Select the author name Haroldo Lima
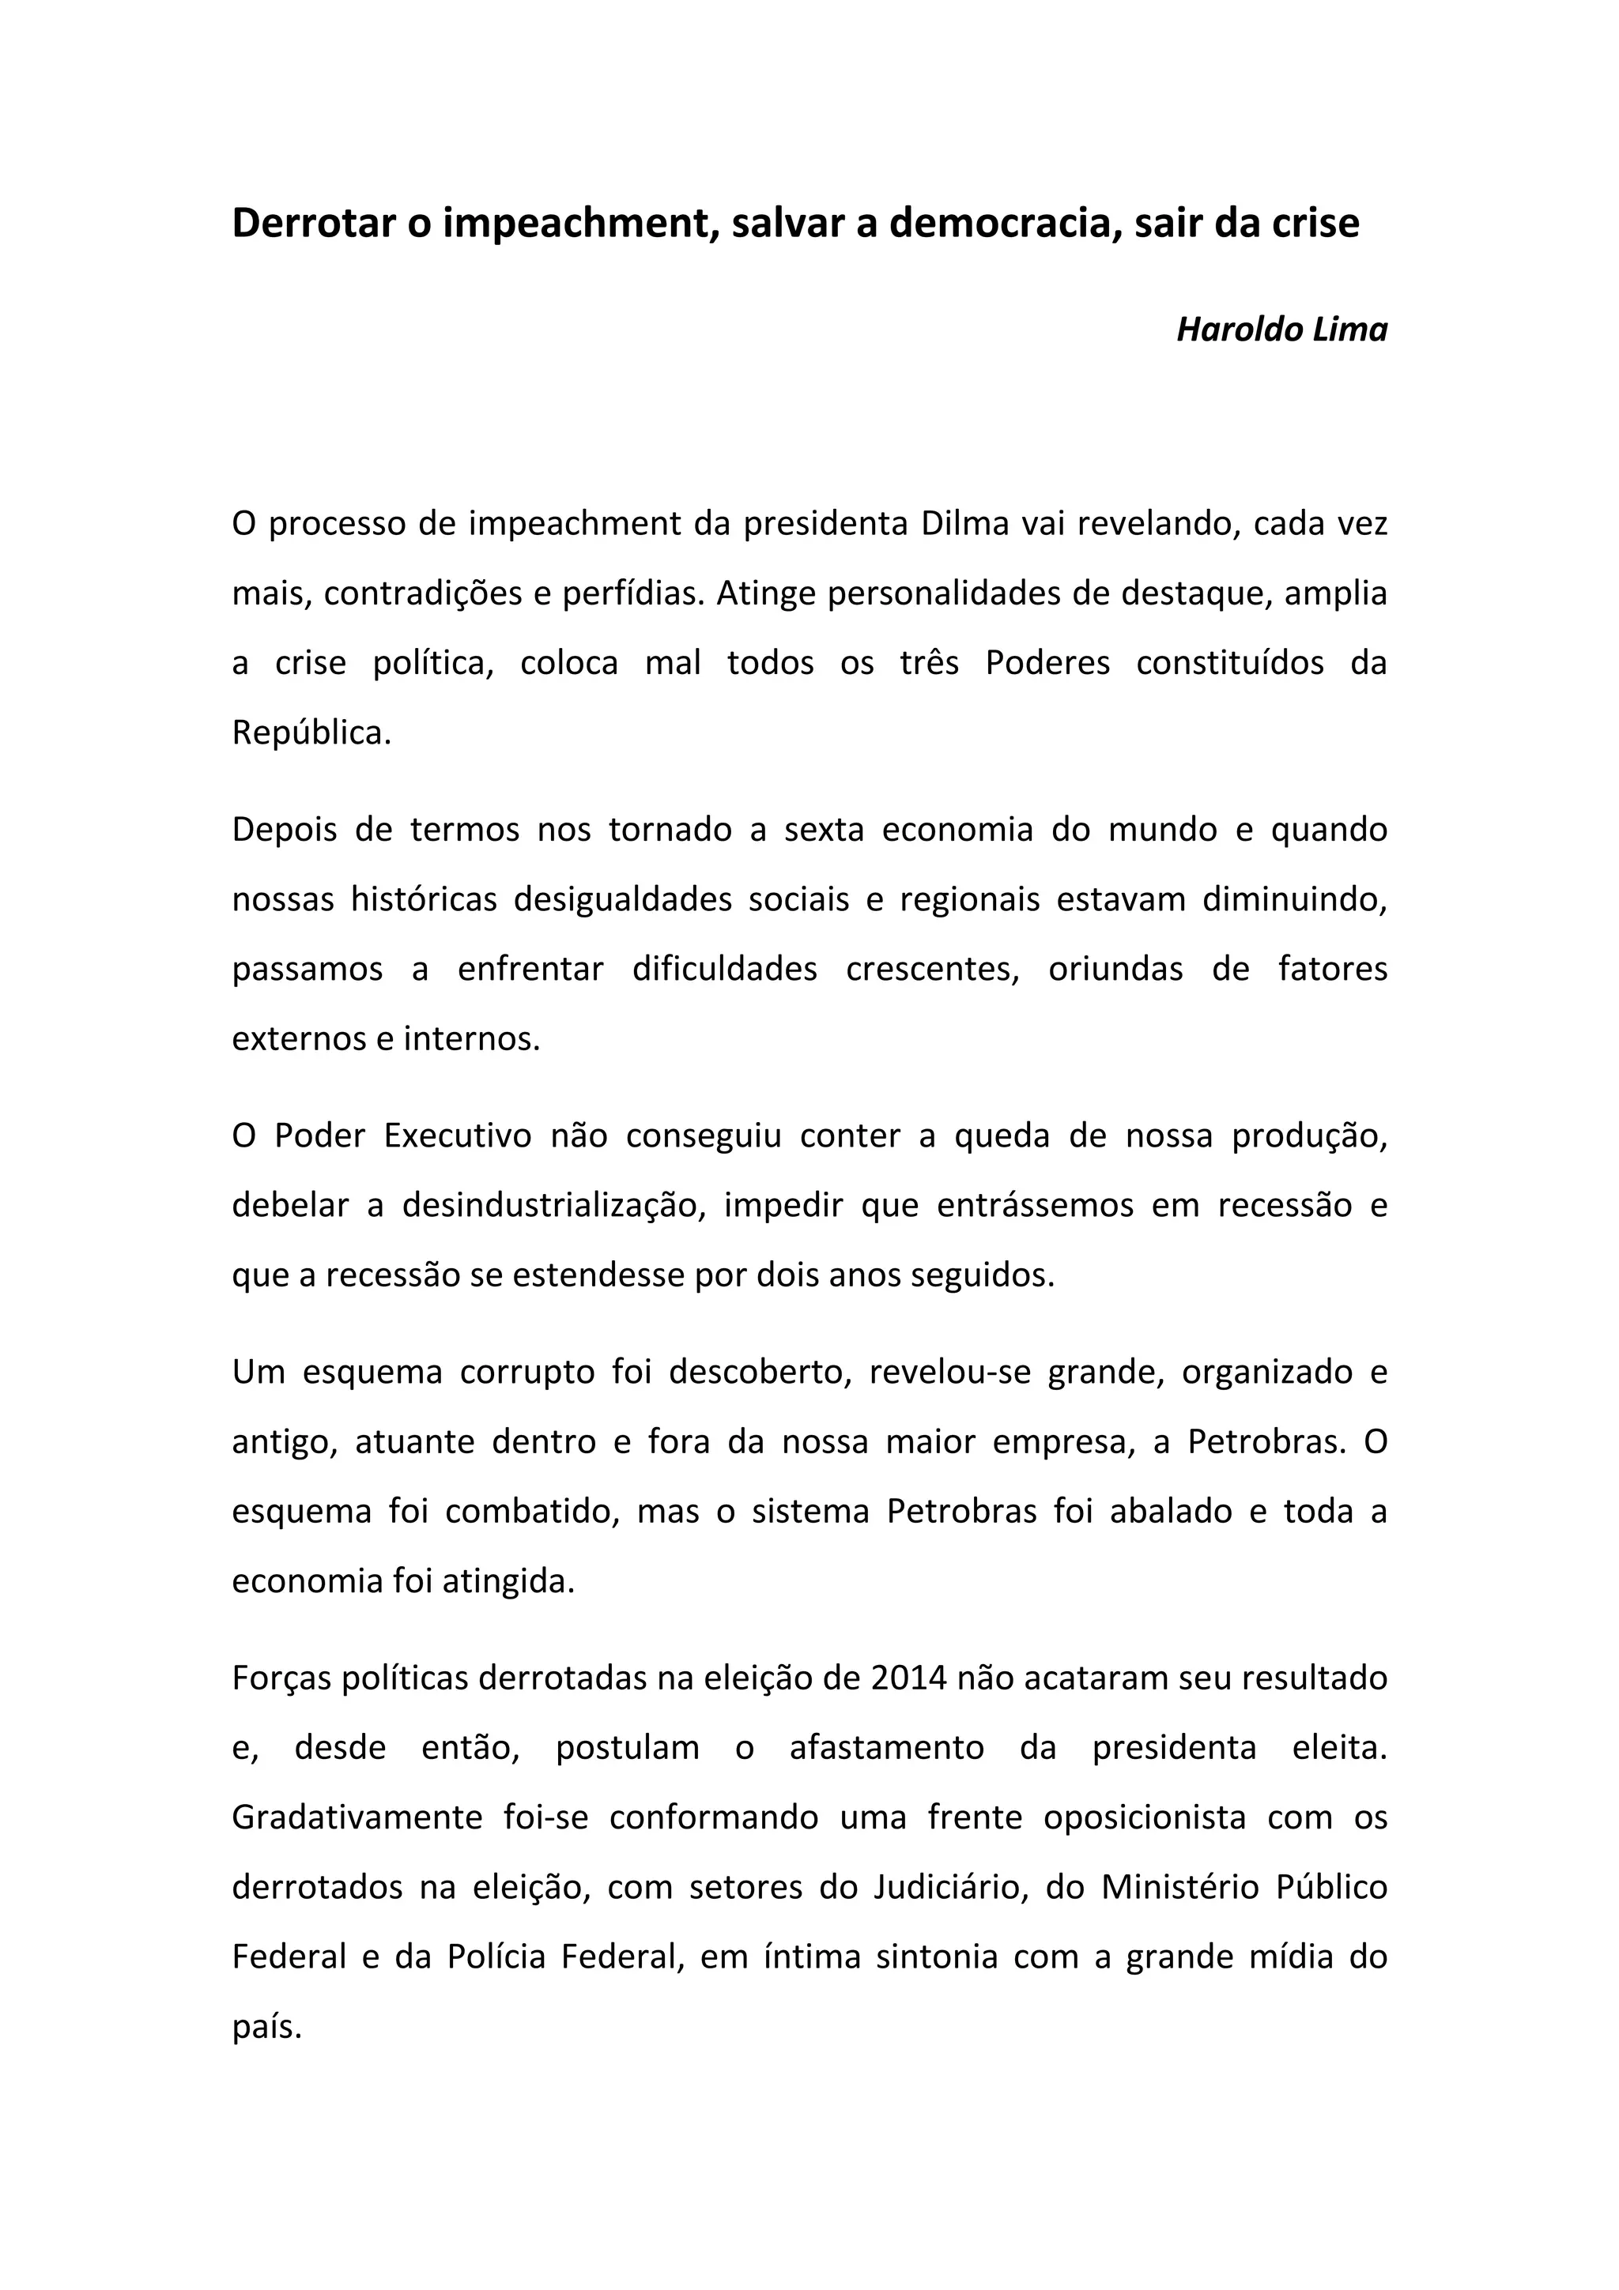[x=1281, y=330]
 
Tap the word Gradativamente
[x=357, y=1817]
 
